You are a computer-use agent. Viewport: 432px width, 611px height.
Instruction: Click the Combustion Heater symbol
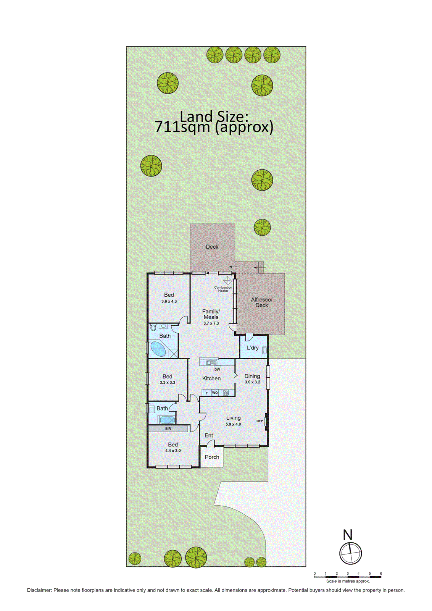[227, 280]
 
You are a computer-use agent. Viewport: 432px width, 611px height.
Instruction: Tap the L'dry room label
[253, 348]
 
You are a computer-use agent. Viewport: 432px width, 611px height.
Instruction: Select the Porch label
[212, 457]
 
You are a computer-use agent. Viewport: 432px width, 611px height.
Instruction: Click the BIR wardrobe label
[168, 429]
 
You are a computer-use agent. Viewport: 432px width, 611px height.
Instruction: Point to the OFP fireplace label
[260, 421]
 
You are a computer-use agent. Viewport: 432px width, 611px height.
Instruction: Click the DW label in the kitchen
[217, 369]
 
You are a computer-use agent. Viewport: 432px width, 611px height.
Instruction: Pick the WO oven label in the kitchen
[215, 393]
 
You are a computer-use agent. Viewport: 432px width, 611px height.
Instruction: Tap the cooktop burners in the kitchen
[226, 393]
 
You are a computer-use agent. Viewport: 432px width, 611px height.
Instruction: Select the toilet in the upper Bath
[153, 327]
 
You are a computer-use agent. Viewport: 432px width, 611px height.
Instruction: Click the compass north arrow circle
[350, 553]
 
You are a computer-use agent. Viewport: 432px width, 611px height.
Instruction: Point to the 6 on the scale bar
[381, 573]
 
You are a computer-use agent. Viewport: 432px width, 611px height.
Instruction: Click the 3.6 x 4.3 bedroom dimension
[169, 301]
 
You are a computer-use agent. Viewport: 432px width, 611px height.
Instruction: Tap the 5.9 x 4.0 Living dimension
[233, 424]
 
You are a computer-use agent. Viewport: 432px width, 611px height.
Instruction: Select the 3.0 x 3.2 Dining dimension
[252, 382]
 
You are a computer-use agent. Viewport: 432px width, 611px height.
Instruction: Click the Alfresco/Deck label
[262, 302]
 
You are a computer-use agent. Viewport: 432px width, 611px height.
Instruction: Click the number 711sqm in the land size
[182, 127]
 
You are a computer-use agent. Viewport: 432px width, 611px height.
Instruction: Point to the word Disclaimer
[39, 590]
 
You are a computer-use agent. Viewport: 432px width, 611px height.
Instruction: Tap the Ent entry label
[209, 435]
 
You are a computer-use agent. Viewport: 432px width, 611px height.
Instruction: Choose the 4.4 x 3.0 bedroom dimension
[173, 451]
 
